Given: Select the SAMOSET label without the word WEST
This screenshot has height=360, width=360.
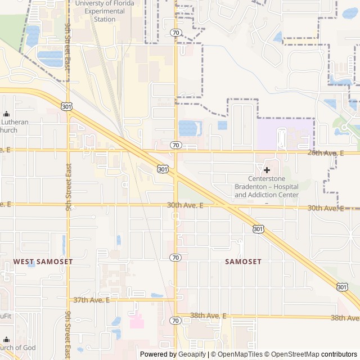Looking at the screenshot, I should pyautogui.click(x=243, y=262).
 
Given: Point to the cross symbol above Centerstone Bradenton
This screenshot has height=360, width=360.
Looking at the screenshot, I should pyautogui.click(x=267, y=169).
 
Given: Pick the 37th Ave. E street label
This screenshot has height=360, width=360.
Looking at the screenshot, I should pyautogui.click(x=92, y=300).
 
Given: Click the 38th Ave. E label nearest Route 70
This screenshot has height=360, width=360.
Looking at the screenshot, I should pyautogui.click(x=208, y=316).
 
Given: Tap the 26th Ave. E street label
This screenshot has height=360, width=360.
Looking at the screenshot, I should pyautogui.click(x=325, y=152).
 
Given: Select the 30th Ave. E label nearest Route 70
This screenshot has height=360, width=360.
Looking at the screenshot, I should pyautogui.click(x=185, y=205).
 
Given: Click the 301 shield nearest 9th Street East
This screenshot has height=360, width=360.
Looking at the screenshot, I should pyautogui.click(x=67, y=106).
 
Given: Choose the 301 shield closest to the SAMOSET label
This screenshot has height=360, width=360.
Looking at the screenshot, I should pyautogui.click(x=258, y=229).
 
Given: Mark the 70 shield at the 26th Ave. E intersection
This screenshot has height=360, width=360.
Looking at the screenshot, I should pyautogui.click(x=176, y=145).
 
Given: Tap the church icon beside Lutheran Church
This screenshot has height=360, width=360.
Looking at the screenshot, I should pyautogui.click(x=6, y=114).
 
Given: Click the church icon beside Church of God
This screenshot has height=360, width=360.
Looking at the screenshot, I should pyautogui.click(x=6, y=340).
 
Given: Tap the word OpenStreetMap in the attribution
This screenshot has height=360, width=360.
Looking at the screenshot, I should pyautogui.click(x=292, y=354).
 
